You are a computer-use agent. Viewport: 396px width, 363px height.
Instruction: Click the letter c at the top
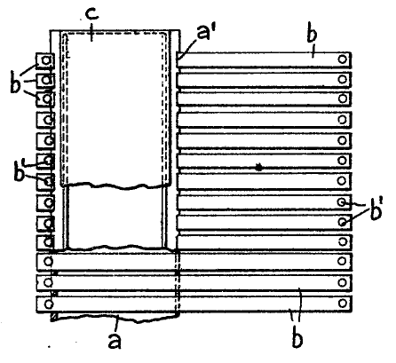pyautogui.click(x=92, y=14)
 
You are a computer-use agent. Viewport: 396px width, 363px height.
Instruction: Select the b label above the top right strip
pyautogui.click(x=312, y=34)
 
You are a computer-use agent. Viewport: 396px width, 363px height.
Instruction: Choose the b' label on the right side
pyautogui.click(x=376, y=210)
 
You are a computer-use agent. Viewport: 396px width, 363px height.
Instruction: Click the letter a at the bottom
pyautogui.click(x=115, y=341)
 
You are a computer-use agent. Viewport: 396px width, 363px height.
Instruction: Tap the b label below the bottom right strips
pyautogui.click(x=297, y=338)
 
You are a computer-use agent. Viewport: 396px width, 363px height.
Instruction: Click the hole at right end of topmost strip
pyautogui.click(x=343, y=59)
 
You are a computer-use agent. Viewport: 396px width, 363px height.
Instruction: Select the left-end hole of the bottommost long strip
pyautogui.click(x=48, y=304)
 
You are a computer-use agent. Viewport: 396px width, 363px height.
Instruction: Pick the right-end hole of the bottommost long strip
pyautogui.click(x=343, y=304)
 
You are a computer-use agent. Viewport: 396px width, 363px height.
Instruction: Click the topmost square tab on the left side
pyautogui.click(x=45, y=60)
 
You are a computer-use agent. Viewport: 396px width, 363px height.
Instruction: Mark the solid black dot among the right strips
pyautogui.click(x=259, y=168)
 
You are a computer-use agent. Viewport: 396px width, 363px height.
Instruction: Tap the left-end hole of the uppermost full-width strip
pyautogui.click(x=48, y=262)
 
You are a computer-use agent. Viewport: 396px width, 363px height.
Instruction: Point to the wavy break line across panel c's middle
pyautogui.click(x=115, y=185)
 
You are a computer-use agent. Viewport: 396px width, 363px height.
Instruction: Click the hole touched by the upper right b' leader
pyautogui.click(x=342, y=202)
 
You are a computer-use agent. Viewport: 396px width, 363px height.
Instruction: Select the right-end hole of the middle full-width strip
pyautogui.click(x=343, y=282)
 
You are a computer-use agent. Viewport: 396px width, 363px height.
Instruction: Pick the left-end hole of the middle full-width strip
pyautogui.click(x=48, y=283)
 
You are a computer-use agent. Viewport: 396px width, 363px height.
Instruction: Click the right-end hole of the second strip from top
pyautogui.click(x=343, y=79)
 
